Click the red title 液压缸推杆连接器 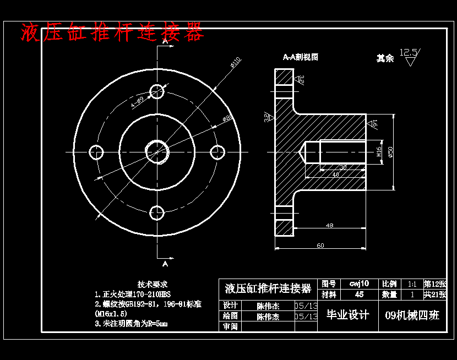[112, 33]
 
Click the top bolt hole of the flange [157, 91]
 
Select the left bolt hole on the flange [97, 152]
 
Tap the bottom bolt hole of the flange [157, 212]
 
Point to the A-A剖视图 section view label [301, 57]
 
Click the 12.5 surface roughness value [409, 52]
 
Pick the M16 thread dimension [379, 152]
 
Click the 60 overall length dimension [320, 245]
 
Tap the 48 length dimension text [330, 226]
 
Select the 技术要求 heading [153, 285]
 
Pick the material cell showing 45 [359, 294]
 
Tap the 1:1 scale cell [411, 284]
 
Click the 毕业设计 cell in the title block [347, 315]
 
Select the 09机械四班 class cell [412, 315]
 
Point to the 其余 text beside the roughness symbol [385, 58]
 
